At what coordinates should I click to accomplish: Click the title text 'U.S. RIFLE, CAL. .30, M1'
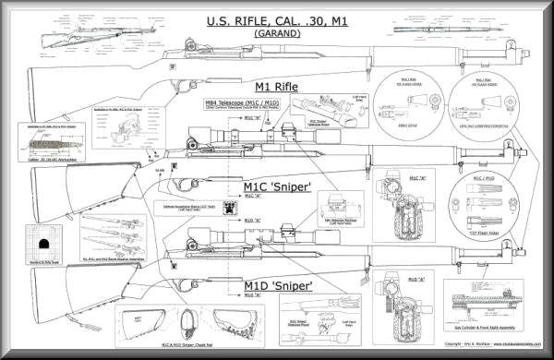click(x=277, y=21)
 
